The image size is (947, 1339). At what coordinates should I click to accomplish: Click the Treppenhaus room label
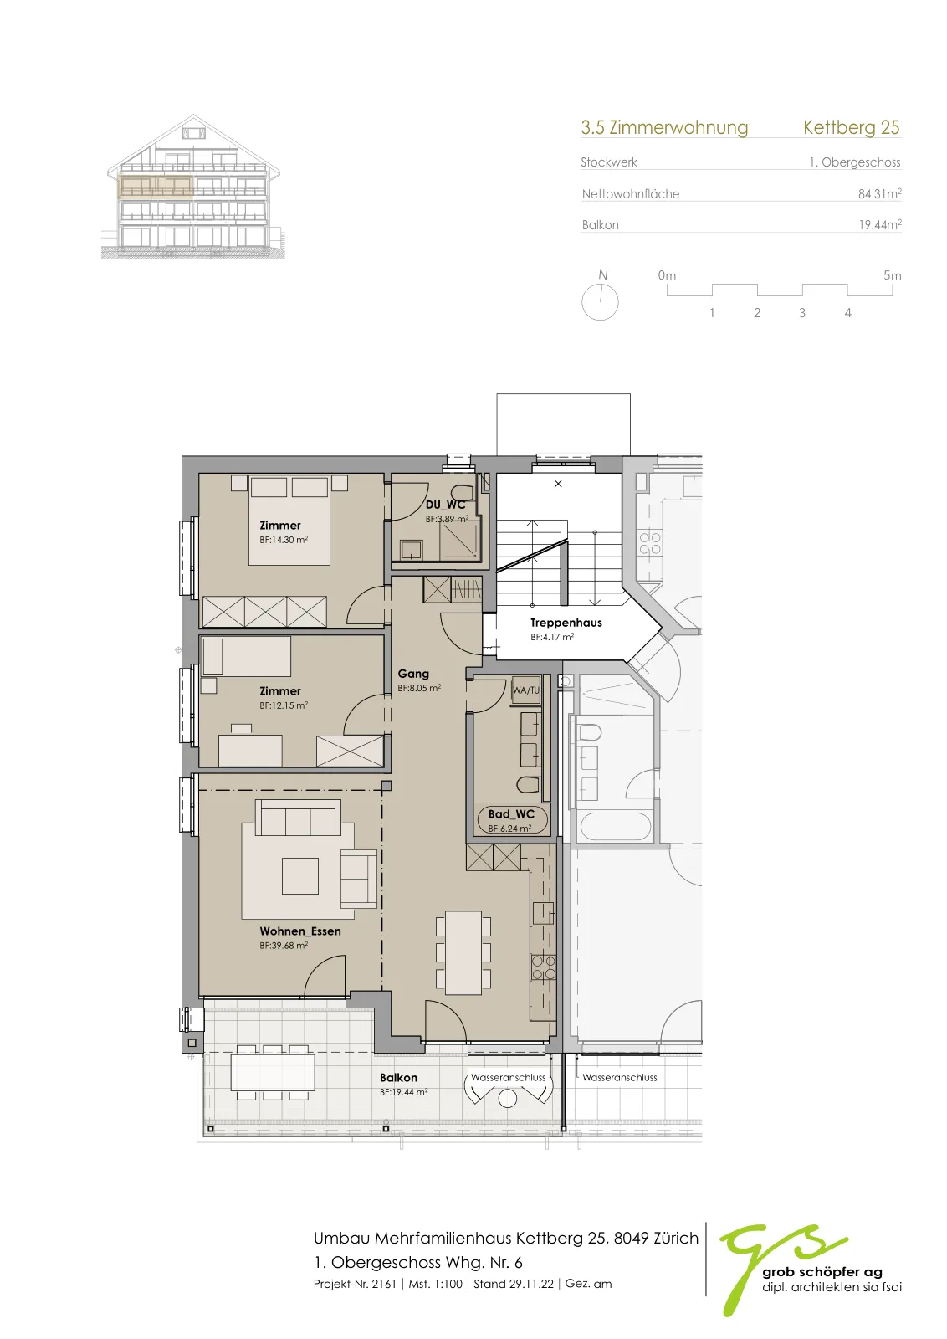[566, 623]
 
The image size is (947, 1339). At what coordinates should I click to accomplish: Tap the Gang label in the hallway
[413, 674]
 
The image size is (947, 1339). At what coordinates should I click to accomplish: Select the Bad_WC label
[511, 814]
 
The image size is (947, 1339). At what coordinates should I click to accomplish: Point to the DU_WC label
[445, 505]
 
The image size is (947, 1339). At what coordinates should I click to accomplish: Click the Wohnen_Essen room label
[300, 931]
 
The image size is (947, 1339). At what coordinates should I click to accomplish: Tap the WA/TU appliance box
[525, 690]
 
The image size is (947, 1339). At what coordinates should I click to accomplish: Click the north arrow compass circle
[600, 302]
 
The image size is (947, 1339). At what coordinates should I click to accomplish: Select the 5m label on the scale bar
[892, 275]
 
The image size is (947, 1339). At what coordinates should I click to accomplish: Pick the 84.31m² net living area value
[879, 193]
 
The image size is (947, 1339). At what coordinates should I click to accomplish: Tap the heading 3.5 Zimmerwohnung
[664, 127]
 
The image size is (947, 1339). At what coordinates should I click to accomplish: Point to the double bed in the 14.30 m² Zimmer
[289, 520]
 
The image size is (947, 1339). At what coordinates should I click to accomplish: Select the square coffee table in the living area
[300, 875]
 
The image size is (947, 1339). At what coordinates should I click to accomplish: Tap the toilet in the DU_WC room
[463, 493]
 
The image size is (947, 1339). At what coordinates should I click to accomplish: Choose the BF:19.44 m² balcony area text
[403, 1092]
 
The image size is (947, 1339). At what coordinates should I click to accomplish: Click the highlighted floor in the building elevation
[156, 186]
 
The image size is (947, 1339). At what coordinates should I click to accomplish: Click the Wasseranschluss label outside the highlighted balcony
[620, 1077]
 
